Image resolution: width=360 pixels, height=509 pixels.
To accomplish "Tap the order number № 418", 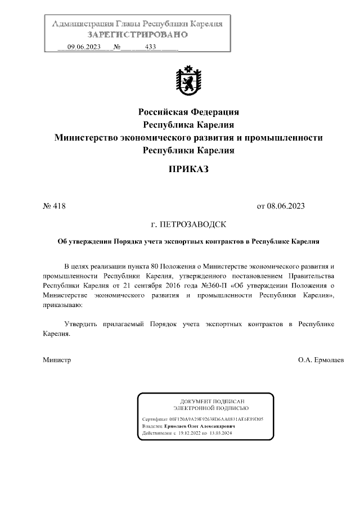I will click(x=55, y=206).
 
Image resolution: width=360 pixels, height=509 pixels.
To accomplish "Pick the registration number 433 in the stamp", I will click(x=150, y=47).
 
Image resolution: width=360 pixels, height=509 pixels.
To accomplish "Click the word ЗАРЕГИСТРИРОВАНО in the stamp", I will click(x=137, y=34).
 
